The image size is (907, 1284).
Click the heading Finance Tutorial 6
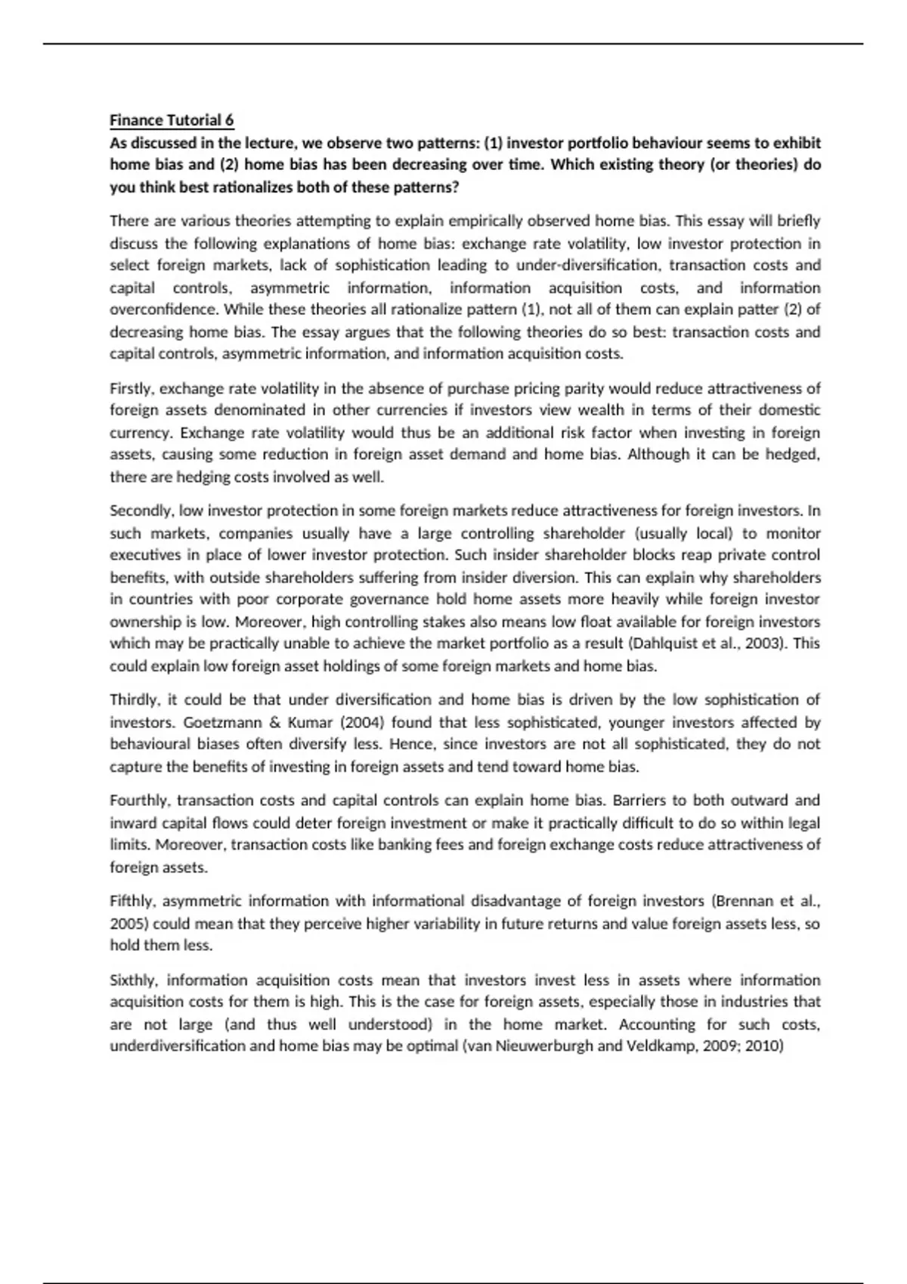point(172,120)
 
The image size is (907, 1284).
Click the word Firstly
point(132,389)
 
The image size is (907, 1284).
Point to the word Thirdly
point(133,700)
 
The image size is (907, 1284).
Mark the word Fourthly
point(140,801)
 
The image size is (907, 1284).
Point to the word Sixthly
point(134,980)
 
